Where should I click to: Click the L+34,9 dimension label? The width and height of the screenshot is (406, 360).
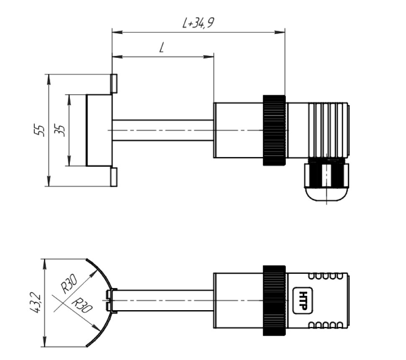(198, 23)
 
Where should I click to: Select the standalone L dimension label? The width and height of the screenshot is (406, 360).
(162, 48)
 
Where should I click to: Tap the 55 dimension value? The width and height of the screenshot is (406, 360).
(40, 130)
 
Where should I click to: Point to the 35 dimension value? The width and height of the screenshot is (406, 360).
(60, 130)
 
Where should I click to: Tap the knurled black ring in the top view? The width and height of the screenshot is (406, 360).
(274, 130)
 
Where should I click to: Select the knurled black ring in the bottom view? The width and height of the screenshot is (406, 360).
(274, 301)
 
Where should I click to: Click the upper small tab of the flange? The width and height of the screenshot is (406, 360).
(113, 83)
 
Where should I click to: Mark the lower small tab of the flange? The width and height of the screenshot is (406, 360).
(113, 177)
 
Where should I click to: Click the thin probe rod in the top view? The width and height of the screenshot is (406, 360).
(163, 130)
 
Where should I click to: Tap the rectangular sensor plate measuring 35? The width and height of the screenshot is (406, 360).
(99, 130)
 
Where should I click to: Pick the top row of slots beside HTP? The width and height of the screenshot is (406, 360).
(327, 276)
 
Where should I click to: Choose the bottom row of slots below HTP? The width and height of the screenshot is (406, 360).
(327, 325)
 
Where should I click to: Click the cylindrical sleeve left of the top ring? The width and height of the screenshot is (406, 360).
(238, 130)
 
